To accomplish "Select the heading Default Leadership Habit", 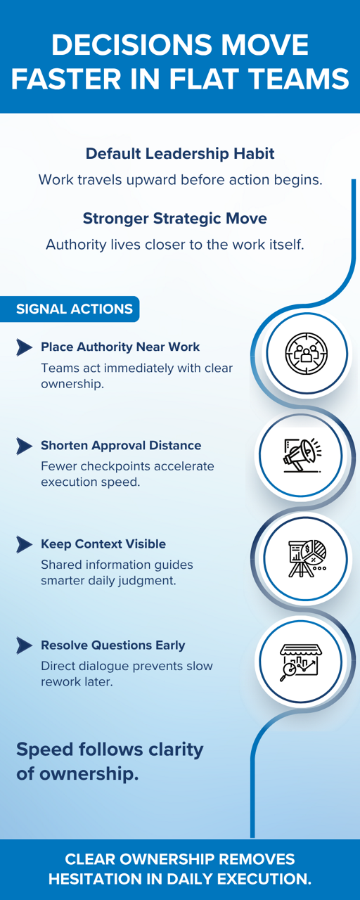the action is [x=180, y=154].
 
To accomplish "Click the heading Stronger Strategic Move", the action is [x=175, y=219].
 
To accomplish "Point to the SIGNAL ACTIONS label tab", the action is [x=70, y=309].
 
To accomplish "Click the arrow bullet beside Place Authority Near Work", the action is [x=24, y=347].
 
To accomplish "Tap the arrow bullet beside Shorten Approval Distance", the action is [x=24, y=446].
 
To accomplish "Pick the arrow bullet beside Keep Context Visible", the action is [x=24, y=544].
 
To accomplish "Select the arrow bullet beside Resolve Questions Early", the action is [x=24, y=645].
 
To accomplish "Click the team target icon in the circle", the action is [x=307, y=353].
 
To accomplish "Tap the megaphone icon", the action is [x=302, y=456].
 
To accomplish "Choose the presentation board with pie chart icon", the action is [x=307, y=558].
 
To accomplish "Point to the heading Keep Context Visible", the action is [x=103, y=544].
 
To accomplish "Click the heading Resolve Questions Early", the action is [x=113, y=645].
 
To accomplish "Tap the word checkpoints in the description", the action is [x=115, y=466].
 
